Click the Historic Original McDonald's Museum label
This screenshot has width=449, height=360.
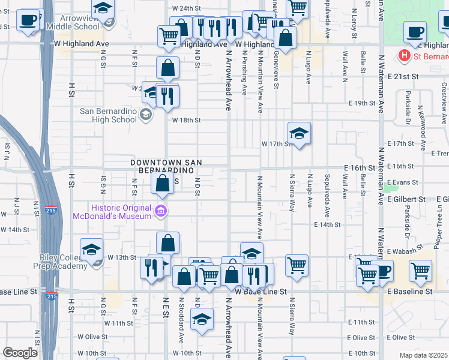coord(113,211)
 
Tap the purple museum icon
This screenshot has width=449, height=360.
coord(161,211)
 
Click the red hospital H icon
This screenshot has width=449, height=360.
coord(405,57)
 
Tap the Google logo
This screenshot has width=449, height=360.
coord(20,353)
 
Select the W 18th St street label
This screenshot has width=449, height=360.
coord(186,120)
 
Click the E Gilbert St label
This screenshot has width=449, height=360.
coord(406,199)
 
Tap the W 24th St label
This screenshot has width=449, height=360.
coord(185,8)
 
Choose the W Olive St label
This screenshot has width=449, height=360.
coord(92,337)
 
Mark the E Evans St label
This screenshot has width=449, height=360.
coord(402,182)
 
